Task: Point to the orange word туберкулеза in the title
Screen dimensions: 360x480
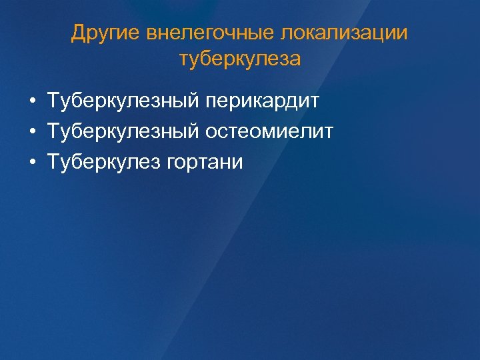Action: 240,59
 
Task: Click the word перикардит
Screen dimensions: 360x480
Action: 263,102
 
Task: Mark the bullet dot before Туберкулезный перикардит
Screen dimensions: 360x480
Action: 32,102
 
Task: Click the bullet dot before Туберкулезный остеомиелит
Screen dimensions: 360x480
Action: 32,132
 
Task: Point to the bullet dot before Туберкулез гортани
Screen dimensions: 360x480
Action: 32,162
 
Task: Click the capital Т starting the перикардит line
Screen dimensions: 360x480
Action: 53,102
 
